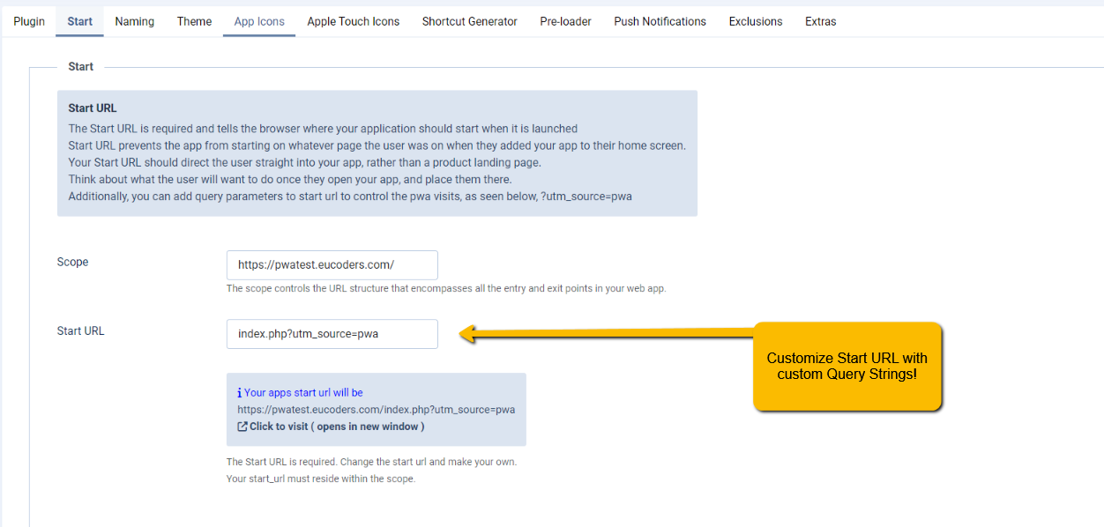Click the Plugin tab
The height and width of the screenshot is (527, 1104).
click(x=29, y=22)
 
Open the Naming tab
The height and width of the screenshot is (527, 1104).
click(x=135, y=22)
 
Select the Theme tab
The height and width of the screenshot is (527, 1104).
click(x=194, y=22)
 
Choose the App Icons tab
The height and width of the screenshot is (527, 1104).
click(x=259, y=22)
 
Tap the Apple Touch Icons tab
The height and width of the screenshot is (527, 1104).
click(x=354, y=22)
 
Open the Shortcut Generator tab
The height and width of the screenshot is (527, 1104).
click(x=470, y=22)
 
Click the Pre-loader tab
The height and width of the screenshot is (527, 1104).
click(x=565, y=22)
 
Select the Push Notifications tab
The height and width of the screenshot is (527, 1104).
click(x=660, y=22)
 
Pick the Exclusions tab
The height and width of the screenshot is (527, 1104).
click(x=756, y=22)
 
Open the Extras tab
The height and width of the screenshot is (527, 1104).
click(x=821, y=22)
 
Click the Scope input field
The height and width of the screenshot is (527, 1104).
click(x=332, y=265)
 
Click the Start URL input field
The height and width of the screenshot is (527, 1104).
click(x=332, y=334)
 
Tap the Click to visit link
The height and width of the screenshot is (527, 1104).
click(x=337, y=427)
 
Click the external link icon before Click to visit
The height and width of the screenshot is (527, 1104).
click(x=242, y=427)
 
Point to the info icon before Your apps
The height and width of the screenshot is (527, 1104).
click(x=240, y=392)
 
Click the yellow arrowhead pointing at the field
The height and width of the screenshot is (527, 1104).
click(x=467, y=334)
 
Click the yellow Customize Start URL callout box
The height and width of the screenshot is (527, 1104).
click(x=847, y=367)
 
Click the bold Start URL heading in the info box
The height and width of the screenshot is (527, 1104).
click(x=93, y=108)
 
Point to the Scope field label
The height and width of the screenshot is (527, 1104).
click(x=72, y=262)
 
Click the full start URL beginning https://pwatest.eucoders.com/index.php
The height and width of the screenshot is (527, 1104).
click(x=376, y=410)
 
